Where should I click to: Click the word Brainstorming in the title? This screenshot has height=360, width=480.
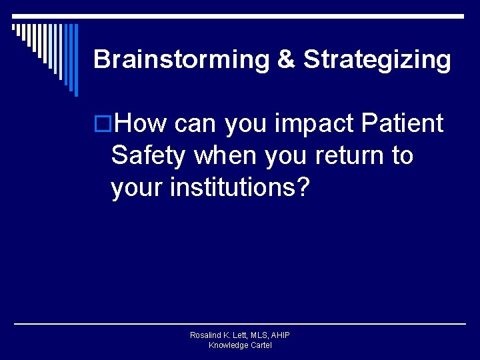point(180,60)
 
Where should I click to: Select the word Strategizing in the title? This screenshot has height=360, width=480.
point(377,60)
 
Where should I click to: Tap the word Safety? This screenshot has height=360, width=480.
point(149,155)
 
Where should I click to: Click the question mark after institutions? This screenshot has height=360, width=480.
point(303,187)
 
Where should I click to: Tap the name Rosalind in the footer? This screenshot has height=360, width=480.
point(207,335)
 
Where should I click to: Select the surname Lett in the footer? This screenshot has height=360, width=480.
point(241,335)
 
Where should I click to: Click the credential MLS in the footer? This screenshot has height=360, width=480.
point(261,335)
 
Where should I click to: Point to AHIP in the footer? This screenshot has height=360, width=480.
point(281,335)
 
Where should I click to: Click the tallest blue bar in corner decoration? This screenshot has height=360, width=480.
point(75,60)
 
